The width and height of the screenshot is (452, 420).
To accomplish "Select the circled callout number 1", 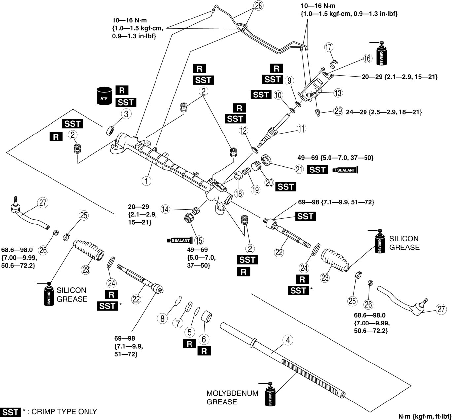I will (146, 180).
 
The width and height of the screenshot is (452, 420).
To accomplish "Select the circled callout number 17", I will (329, 47).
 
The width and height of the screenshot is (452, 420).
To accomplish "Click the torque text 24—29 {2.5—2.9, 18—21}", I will (384, 112).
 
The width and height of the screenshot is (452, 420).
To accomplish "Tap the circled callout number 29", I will (338, 111).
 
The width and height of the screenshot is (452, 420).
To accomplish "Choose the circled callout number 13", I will (338, 93).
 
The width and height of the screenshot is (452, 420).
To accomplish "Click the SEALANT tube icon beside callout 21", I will (346, 170).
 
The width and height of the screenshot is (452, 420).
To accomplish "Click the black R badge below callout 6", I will (204, 351).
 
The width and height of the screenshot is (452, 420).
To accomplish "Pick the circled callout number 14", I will (165, 209).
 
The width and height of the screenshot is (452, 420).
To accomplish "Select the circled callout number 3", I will (126, 114).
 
